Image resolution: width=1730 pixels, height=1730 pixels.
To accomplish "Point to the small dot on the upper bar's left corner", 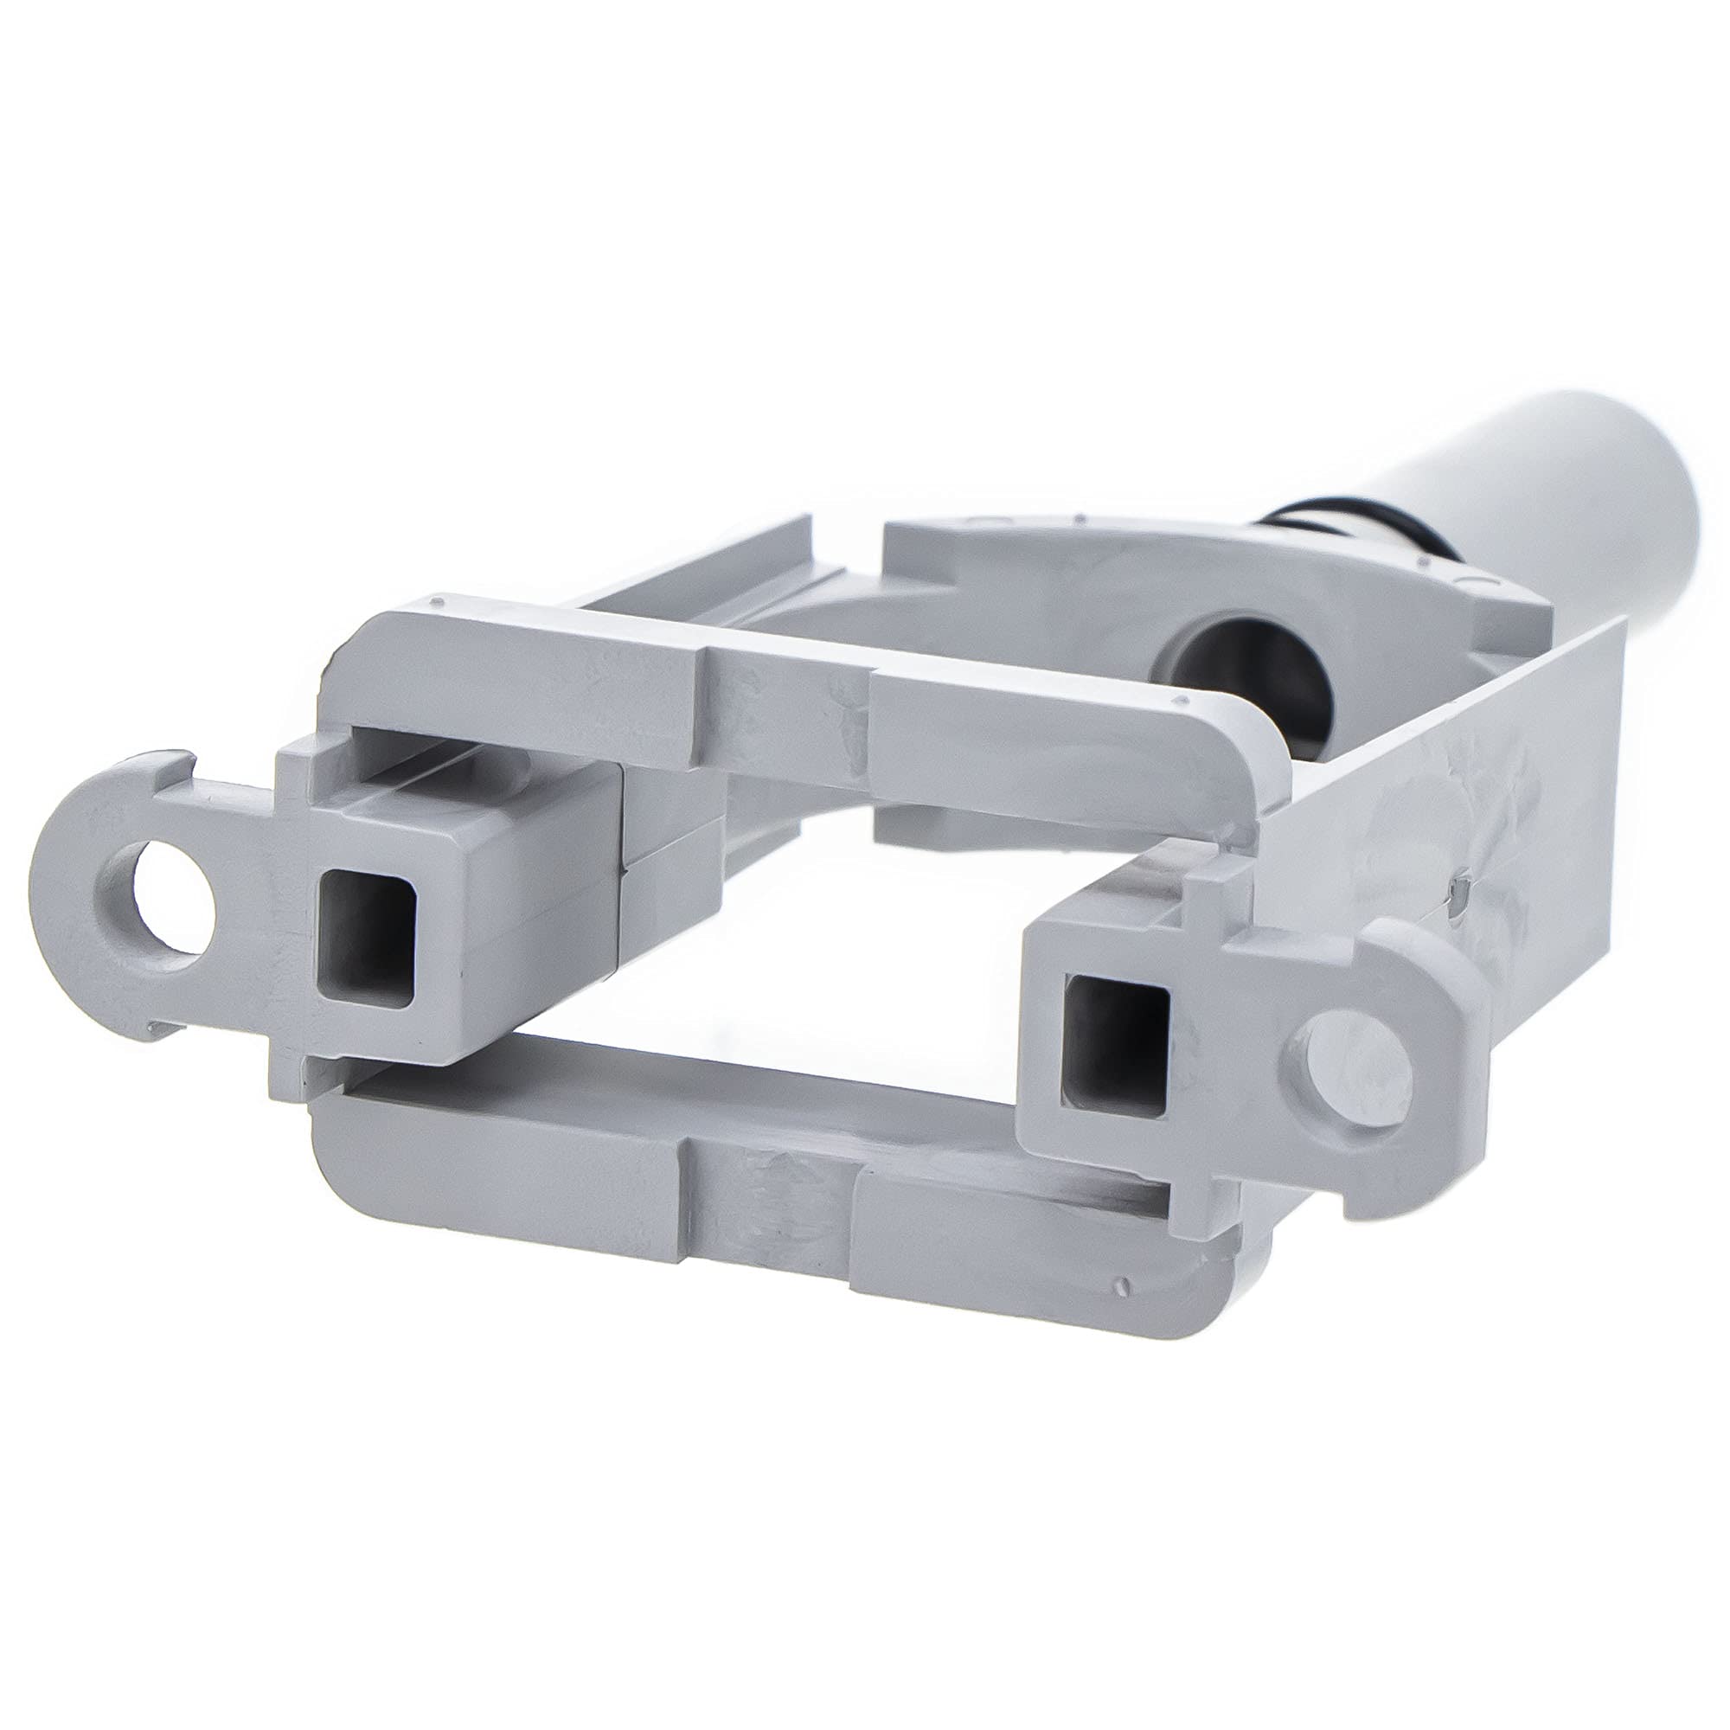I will pyautogui.click(x=436, y=600).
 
